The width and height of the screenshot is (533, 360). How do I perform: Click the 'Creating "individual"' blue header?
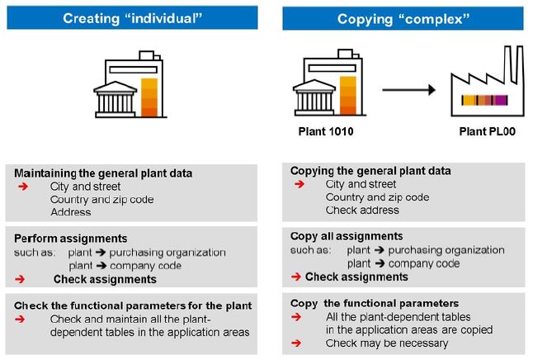(132, 17)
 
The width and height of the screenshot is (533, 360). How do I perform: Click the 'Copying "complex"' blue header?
(403, 19)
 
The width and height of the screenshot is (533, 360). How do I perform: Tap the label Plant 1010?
(326, 131)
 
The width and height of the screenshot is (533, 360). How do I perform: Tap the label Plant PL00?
(487, 131)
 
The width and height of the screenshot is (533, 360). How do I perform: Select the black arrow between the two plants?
(409, 90)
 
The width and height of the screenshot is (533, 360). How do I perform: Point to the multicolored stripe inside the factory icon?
(484, 100)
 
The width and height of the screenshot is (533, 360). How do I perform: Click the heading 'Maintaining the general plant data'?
(103, 173)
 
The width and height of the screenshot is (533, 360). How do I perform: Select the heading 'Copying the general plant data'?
(370, 171)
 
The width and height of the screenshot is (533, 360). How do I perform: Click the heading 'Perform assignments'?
(71, 239)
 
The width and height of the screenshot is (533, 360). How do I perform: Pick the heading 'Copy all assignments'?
(347, 236)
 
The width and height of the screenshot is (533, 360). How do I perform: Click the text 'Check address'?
(362, 211)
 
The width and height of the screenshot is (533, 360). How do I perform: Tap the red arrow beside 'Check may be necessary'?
(296, 343)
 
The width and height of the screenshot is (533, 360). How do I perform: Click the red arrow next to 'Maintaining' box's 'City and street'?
(23, 186)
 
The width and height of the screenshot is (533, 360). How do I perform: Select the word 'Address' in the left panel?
(71, 212)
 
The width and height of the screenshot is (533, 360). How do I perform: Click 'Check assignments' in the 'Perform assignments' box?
(105, 279)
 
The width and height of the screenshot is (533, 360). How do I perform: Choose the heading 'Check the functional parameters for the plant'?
(133, 306)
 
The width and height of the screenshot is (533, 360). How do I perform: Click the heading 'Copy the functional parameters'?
(375, 304)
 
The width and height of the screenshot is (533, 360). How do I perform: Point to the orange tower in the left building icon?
(149, 97)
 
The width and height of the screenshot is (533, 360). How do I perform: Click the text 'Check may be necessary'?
(387, 343)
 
